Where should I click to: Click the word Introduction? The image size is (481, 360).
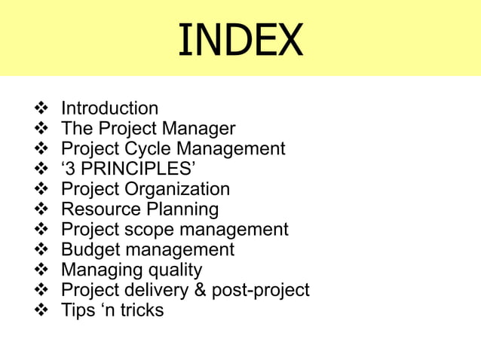[x=109, y=108]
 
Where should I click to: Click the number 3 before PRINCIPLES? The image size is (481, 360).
[x=72, y=169]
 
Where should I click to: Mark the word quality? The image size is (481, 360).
[x=175, y=270]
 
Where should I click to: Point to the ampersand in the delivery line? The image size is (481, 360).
[x=201, y=290]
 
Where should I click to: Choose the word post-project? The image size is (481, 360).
[x=260, y=290]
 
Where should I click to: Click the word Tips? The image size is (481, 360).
[x=77, y=310]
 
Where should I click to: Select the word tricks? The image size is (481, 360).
[x=141, y=310]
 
